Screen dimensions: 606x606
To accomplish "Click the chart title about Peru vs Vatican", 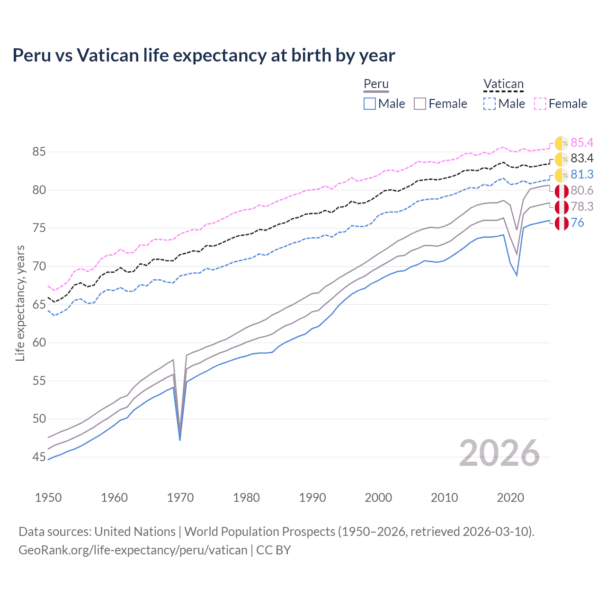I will pyautogui.click(x=204, y=55).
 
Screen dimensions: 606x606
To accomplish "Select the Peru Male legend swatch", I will pyautogui.click(x=370, y=104).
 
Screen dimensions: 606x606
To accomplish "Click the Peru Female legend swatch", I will pyautogui.click(x=420, y=104).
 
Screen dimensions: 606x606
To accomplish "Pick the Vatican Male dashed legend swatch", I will pyautogui.click(x=490, y=104).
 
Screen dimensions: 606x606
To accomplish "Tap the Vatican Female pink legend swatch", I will pyautogui.click(x=540, y=104).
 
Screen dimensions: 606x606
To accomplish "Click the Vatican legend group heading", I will pyautogui.click(x=503, y=84).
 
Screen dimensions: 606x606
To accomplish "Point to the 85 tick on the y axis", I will pyautogui.click(x=39, y=152).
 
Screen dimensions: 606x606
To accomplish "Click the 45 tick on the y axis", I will pyautogui.click(x=39, y=457).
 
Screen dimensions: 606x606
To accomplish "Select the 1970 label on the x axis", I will pyautogui.click(x=180, y=498).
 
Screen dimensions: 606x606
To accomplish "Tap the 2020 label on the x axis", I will pyautogui.click(x=510, y=498).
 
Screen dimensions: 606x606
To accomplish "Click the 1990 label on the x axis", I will pyautogui.click(x=312, y=498).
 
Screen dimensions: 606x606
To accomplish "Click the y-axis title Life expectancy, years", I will pyautogui.click(x=20, y=303).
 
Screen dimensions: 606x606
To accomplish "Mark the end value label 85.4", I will pyautogui.click(x=582, y=143).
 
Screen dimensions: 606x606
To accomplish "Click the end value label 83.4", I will pyautogui.click(x=582, y=159).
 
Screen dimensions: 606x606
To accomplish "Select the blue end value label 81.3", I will pyautogui.click(x=582, y=175).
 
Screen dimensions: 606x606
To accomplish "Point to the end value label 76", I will pyautogui.click(x=577, y=223).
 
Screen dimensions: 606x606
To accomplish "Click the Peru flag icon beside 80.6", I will pyautogui.click(x=561, y=191).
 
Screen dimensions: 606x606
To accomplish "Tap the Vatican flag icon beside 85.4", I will pyautogui.click(x=561, y=143).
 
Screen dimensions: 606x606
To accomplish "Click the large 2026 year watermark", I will pyautogui.click(x=499, y=454).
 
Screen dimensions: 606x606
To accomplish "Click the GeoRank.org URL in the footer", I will pyautogui.click(x=133, y=550).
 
